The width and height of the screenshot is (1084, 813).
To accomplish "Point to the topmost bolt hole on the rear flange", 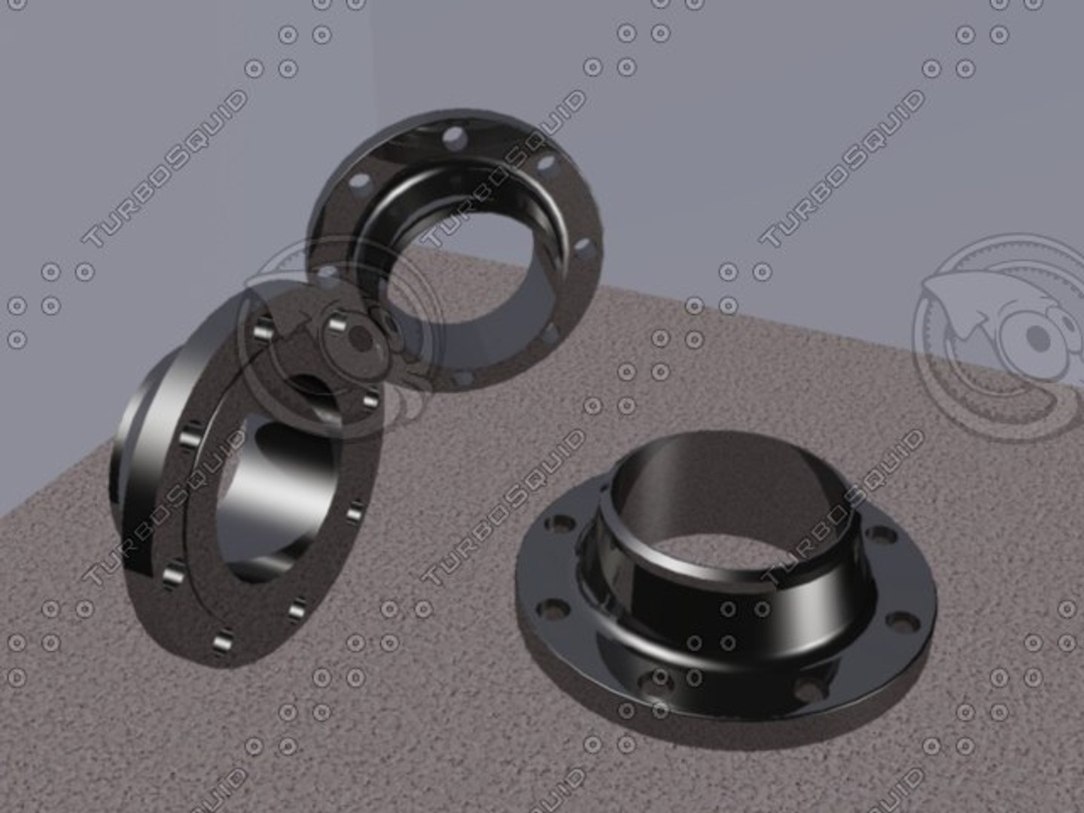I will click(x=454, y=138).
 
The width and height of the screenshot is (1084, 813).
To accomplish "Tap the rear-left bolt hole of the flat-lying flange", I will click(x=562, y=522).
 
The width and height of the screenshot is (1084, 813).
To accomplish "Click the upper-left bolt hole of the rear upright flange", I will click(x=362, y=181).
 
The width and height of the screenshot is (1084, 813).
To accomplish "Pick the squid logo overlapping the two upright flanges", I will click(x=339, y=339).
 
